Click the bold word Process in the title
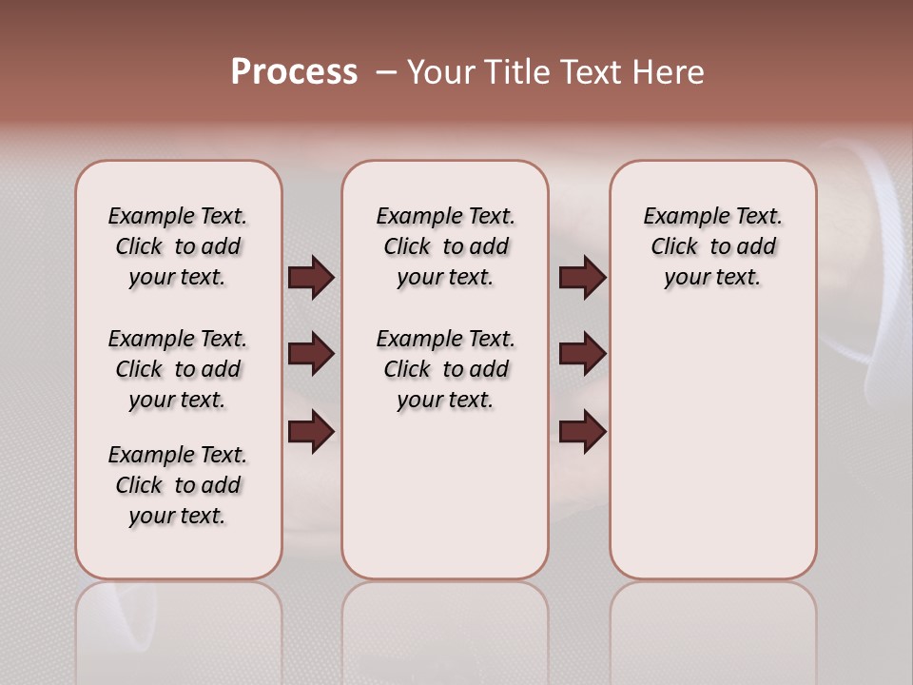coord(294,71)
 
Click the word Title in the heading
coord(516,71)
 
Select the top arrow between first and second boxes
coord(311,277)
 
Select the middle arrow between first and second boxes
coord(311,354)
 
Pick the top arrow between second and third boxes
coord(582,277)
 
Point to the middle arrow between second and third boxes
coord(582,354)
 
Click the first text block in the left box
coord(178,246)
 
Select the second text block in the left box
coord(178,369)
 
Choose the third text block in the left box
coord(178,485)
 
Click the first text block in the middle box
coord(445,246)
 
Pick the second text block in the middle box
coord(445,369)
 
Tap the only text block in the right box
coord(712,246)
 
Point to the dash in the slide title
coord(386,71)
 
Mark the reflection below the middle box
coord(445,628)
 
